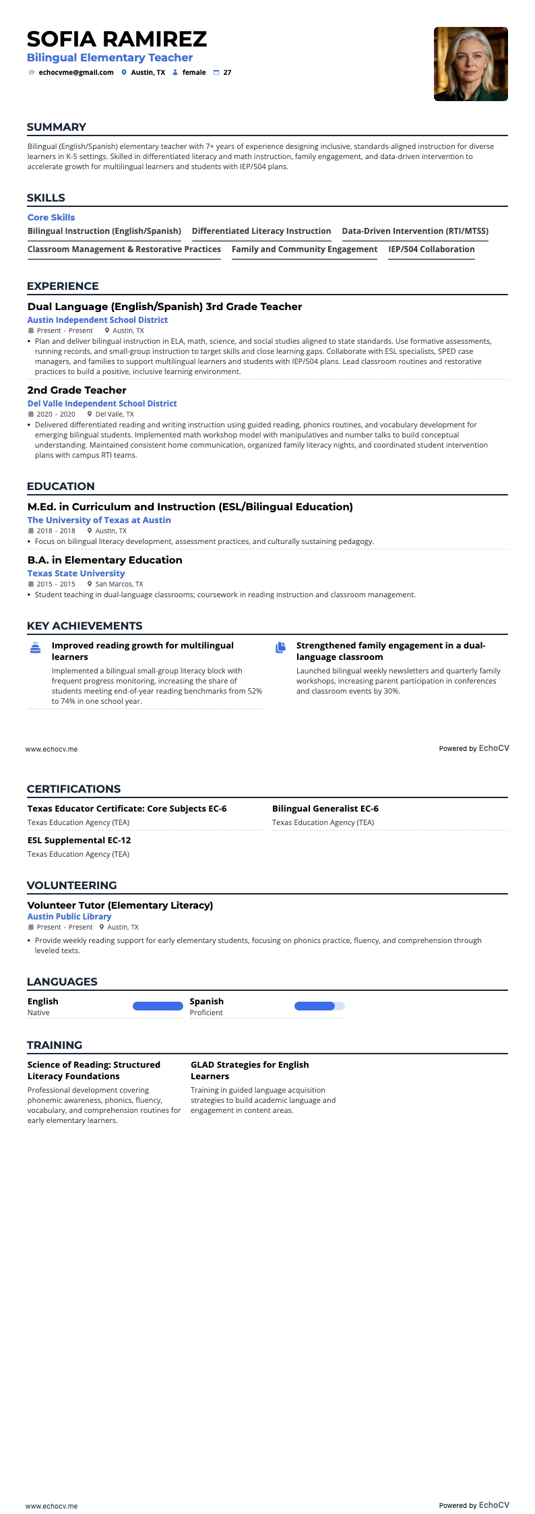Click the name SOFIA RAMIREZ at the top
tap(117, 39)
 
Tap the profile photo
tap(470, 64)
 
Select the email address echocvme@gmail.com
tap(76, 73)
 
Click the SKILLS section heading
tap(46, 198)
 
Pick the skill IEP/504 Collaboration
tap(431, 249)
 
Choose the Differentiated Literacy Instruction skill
tap(261, 231)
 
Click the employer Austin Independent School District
tap(98, 320)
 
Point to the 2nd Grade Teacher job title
tap(77, 390)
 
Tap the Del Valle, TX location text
tap(115, 415)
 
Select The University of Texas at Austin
tap(99, 520)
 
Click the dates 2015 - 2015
tap(56, 584)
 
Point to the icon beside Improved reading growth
tap(36, 648)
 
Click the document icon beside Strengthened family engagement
tap(280, 648)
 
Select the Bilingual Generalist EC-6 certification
tap(325, 809)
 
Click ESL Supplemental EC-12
tap(80, 841)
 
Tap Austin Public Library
tap(69, 917)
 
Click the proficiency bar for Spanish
tap(319, 1006)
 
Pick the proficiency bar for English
tap(158, 1006)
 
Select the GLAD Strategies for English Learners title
tap(249, 1070)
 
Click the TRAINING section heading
tap(55, 1046)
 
